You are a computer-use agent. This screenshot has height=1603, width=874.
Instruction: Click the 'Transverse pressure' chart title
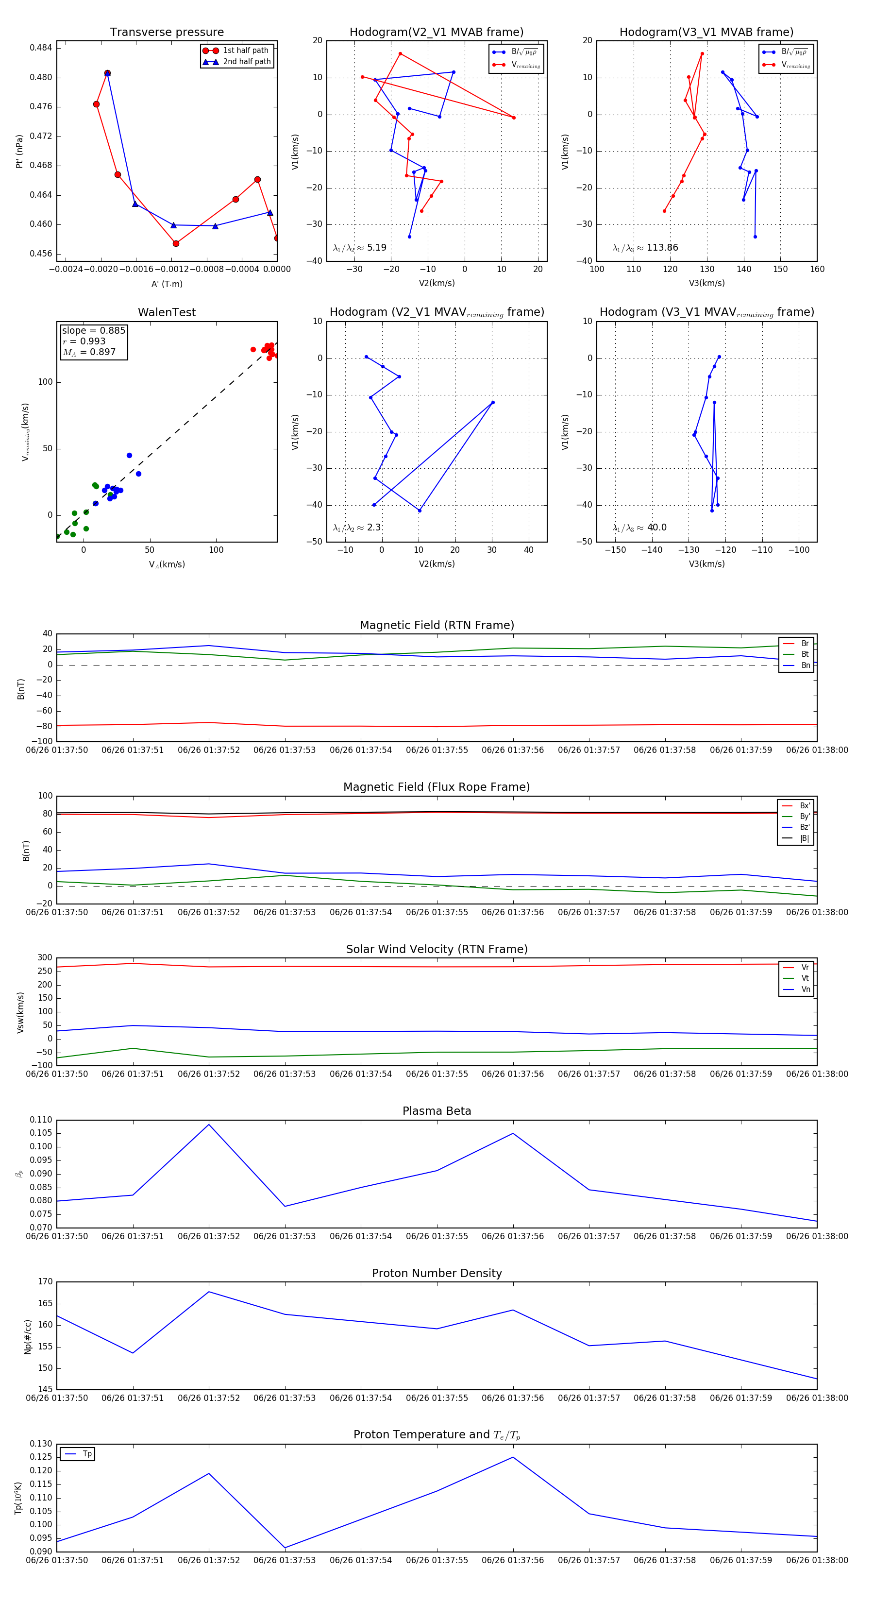tap(167, 33)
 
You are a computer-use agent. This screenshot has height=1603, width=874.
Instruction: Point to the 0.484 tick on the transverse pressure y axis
tap(40, 48)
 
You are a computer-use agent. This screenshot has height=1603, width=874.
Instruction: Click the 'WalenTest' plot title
tap(167, 312)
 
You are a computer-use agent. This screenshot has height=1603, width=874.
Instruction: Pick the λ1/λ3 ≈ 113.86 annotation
tap(645, 248)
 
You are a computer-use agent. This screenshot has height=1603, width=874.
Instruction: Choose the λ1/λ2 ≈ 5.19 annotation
tap(359, 248)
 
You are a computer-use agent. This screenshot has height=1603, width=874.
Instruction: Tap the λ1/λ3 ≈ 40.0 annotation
tap(639, 528)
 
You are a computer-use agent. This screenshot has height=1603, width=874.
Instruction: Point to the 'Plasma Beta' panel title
tap(437, 1111)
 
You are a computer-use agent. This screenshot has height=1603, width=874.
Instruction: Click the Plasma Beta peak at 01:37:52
tap(209, 1124)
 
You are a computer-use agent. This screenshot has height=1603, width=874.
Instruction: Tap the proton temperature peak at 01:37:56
tap(513, 1457)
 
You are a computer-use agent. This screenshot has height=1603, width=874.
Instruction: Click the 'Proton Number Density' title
tap(437, 1273)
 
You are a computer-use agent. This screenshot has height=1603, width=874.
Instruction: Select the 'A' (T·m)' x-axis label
tap(167, 284)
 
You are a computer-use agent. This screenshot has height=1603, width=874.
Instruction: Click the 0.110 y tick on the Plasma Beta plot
tap(40, 1120)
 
